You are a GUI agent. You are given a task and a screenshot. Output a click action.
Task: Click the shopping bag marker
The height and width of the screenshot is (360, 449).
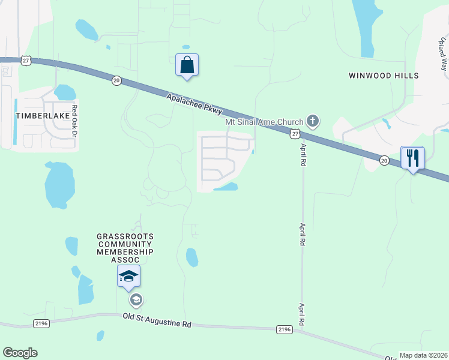coord(187,65)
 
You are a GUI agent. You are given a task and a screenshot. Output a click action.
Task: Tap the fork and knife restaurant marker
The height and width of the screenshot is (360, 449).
coord(412,158)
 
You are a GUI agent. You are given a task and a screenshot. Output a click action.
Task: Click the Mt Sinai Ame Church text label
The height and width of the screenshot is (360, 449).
coord(264,122)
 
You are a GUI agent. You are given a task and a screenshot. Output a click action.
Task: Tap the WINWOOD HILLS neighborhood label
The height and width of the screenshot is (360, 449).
coord(384,76)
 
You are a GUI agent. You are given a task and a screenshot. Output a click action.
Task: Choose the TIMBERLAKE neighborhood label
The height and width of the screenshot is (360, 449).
coord(31,115)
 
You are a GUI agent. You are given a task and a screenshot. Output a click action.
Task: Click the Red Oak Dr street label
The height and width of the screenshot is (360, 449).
coord(75,119)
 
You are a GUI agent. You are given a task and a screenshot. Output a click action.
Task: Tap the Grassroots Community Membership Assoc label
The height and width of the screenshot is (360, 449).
coord(126,248)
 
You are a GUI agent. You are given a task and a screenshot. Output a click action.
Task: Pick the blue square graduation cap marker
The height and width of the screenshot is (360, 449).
coord(128,276)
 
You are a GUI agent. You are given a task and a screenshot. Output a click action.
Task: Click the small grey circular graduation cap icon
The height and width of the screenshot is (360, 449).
coord(136,300)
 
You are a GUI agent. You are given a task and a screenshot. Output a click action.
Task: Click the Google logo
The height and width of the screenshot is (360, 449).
coord(20,353)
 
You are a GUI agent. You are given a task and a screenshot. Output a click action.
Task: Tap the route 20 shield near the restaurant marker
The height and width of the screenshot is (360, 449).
coord(385,160)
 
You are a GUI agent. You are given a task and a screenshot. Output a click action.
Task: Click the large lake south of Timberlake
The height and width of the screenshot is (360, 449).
coord(59,184)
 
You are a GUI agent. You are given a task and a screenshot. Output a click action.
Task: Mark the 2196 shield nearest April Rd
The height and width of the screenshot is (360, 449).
coord(284,329)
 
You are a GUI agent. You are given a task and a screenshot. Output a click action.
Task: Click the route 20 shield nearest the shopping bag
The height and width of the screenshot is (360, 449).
coord(116,80)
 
